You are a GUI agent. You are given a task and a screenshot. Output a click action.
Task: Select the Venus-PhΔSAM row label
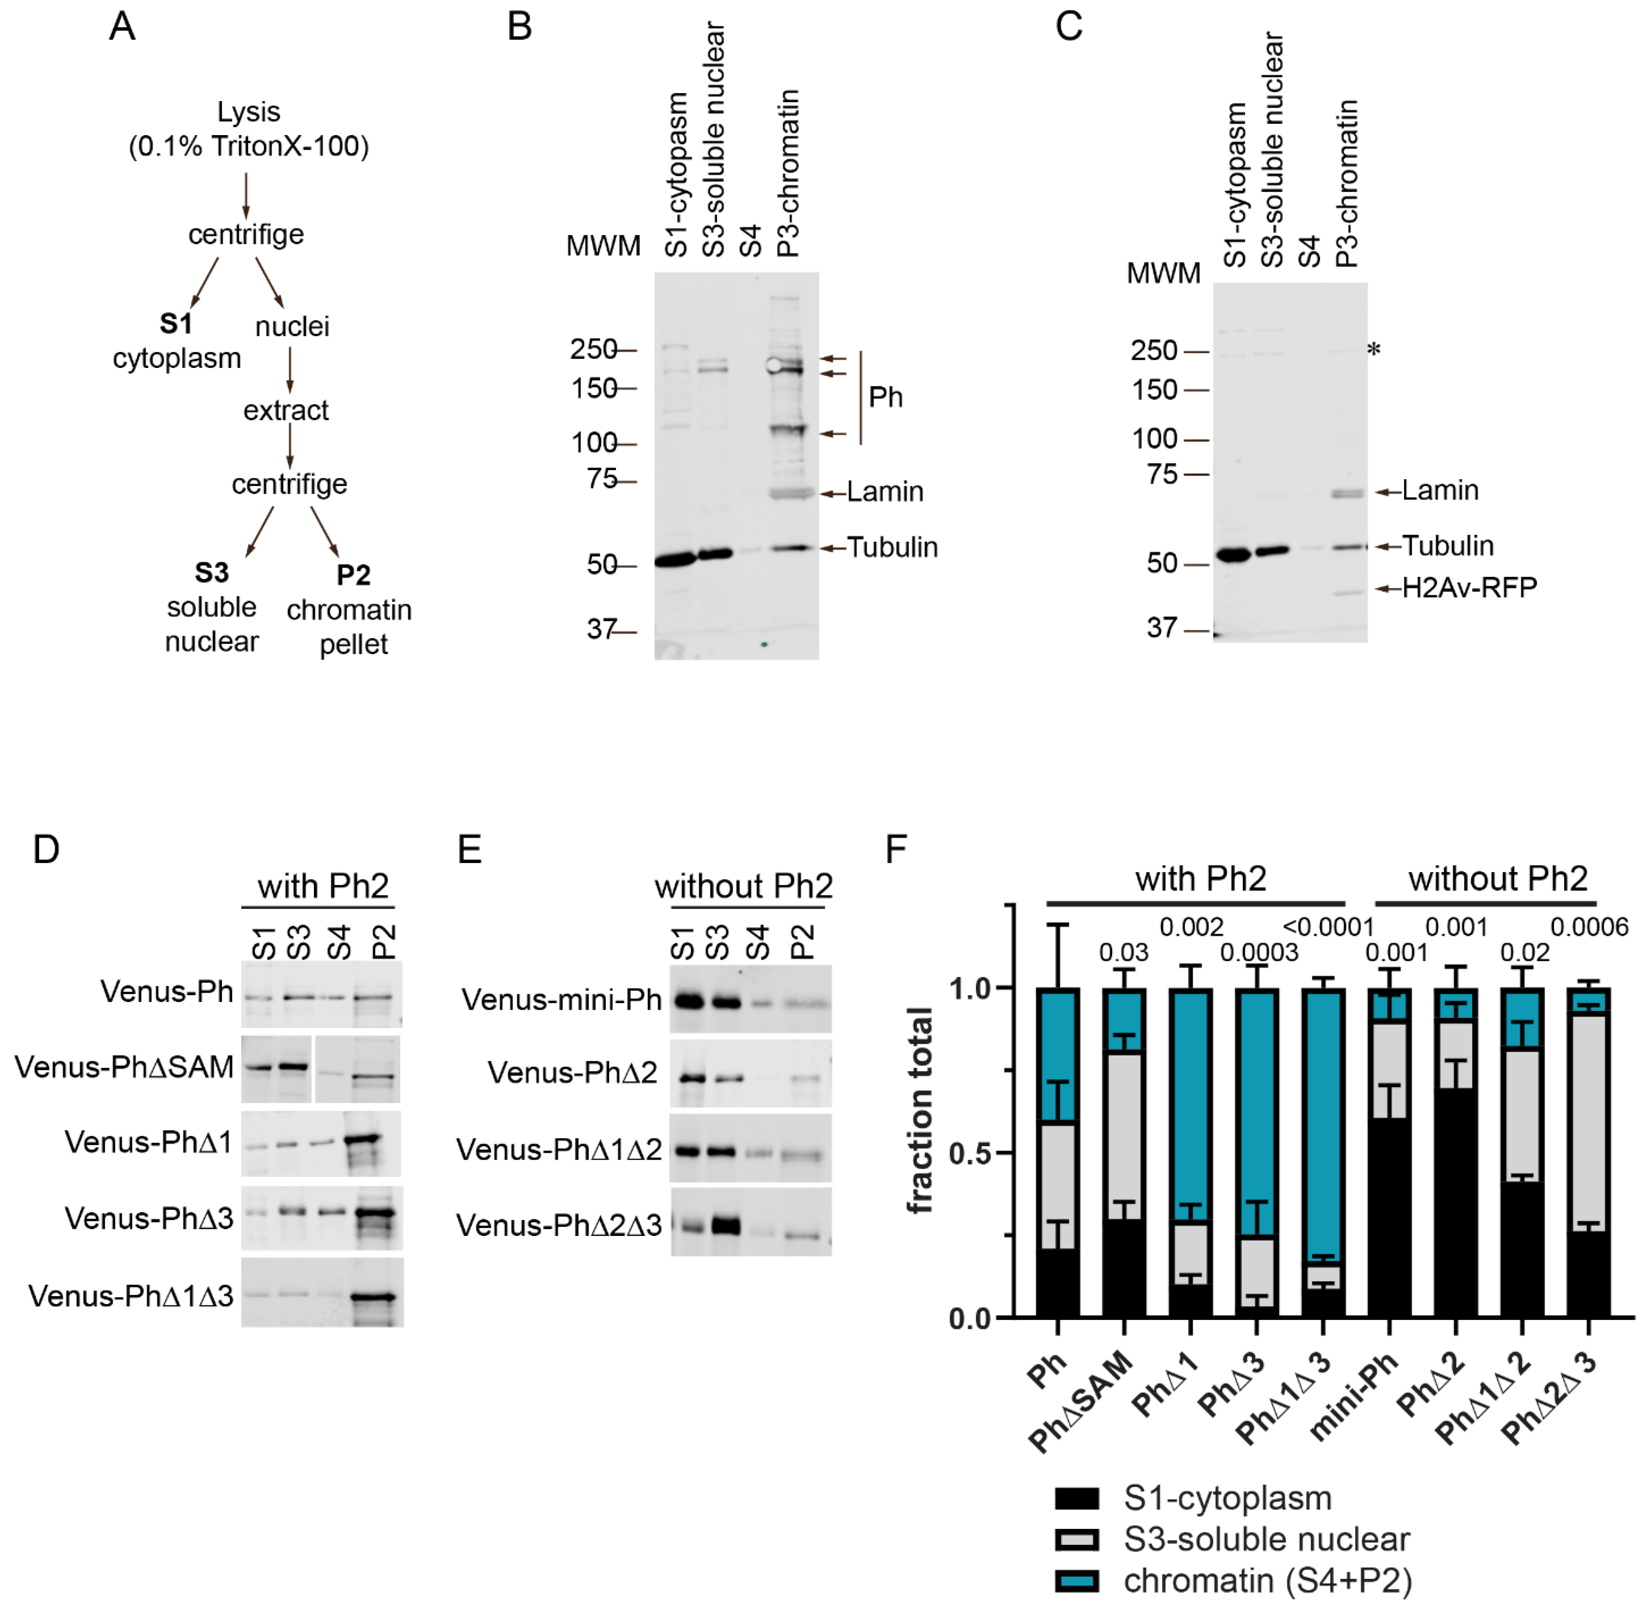tap(124, 1068)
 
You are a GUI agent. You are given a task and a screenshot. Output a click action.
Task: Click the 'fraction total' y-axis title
tap(921, 1110)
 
